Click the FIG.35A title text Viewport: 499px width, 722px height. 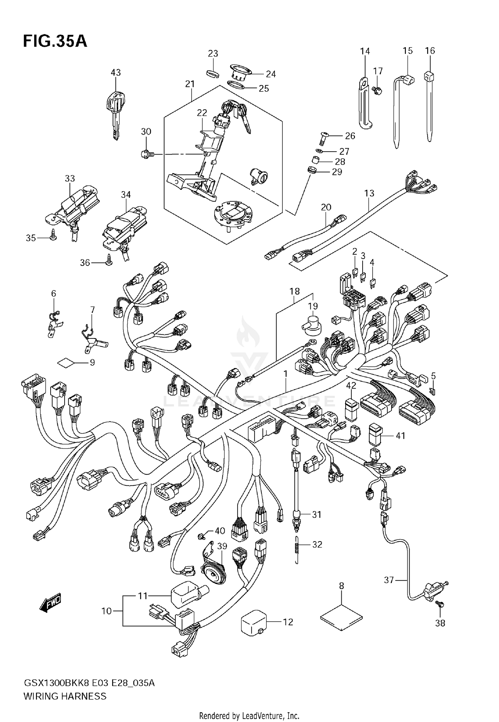pyautogui.click(x=55, y=42)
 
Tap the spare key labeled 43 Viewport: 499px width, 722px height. pyautogui.click(x=115, y=113)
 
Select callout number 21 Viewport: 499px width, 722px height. pyautogui.click(x=190, y=84)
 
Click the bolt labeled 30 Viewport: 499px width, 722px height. pyautogui.click(x=147, y=154)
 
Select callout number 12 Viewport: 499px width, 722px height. pyautogui.click(x=288, y=622)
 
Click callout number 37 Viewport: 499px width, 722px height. pyautogui.click(x=389, y=580)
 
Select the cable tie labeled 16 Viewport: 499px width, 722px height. pyautogui.click(x=429, y=106)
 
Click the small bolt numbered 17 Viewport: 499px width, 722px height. pyautogui.click(x=377, y=89)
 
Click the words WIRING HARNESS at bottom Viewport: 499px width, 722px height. pyautogui.click(x=65, y=696)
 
